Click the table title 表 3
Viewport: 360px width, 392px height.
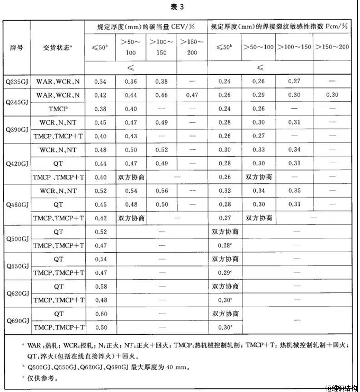pos(181,7)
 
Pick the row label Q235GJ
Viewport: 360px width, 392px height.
pos(17,81)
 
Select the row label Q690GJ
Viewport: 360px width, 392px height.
pos(17,320)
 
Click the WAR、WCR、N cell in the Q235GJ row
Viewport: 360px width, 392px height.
pos(58,81)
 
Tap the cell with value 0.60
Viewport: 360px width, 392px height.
pos(100,314)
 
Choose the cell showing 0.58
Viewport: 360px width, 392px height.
pos(100,287)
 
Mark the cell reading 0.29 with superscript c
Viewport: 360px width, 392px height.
pos(226,273)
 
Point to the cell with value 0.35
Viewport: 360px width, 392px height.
pos(294,191)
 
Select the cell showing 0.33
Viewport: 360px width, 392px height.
pos(259,149)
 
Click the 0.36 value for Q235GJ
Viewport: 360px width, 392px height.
pos(130,81)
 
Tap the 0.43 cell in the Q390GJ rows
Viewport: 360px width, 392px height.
pos(130,136)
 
